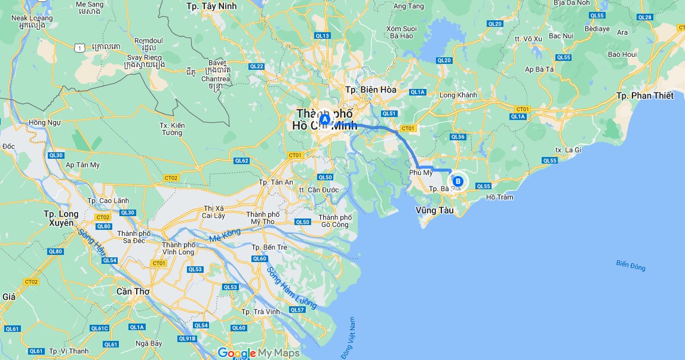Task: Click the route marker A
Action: tap(325, 119)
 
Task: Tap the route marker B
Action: tap(458, 181)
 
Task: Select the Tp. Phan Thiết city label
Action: tap(644, 96)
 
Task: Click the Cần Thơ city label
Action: tap(133, 291)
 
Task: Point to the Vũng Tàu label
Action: tap(435, 210)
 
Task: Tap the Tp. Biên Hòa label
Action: tap(371, 90)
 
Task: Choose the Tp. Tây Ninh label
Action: tap(211, 6)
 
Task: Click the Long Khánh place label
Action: tap(458, 95)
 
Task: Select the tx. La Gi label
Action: tap(568, 150)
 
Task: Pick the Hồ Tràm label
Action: tap(499, 197)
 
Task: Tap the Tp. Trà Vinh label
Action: tap(260, 312)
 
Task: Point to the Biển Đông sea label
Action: tap(631, 265)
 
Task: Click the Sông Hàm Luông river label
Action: tap(291, 288)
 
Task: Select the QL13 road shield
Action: tap(322, 36)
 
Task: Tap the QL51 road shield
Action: tap(389, 113)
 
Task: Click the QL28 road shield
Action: tap(645, 17)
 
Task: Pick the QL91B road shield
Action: tap(187, 339)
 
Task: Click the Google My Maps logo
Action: tap(259, 353)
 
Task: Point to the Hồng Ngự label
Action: tap(45, 123)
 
